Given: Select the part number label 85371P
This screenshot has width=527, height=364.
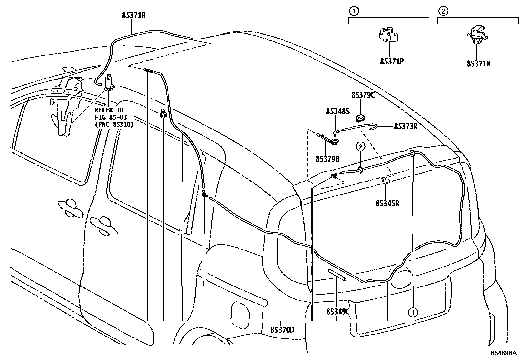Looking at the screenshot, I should coord(392,61).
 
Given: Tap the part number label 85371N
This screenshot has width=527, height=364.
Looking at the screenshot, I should coord(479,64).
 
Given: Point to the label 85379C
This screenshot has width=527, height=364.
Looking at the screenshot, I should coord(363,95).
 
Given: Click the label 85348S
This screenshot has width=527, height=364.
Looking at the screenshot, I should coord(337,112).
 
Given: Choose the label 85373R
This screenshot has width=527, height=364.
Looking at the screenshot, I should coord(406,126).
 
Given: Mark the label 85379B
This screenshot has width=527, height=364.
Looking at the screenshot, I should coord(327,159).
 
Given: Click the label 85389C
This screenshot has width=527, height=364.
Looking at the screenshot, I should coord(338,312).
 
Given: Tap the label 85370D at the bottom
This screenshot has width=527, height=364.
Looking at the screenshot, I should coord(282,330).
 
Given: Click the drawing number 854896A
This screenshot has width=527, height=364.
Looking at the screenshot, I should coord(503,353).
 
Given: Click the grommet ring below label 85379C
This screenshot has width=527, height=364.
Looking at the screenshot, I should coord(360,118).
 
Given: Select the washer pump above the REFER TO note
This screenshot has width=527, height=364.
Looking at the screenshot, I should coord(108,83).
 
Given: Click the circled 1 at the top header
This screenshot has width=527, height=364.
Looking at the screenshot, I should coord(354,11).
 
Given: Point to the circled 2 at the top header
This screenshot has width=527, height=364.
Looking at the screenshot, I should coord(443,11).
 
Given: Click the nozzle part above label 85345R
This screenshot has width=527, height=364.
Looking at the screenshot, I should coord(386,181).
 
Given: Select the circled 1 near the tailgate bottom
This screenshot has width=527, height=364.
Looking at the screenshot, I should coord(413,312).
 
